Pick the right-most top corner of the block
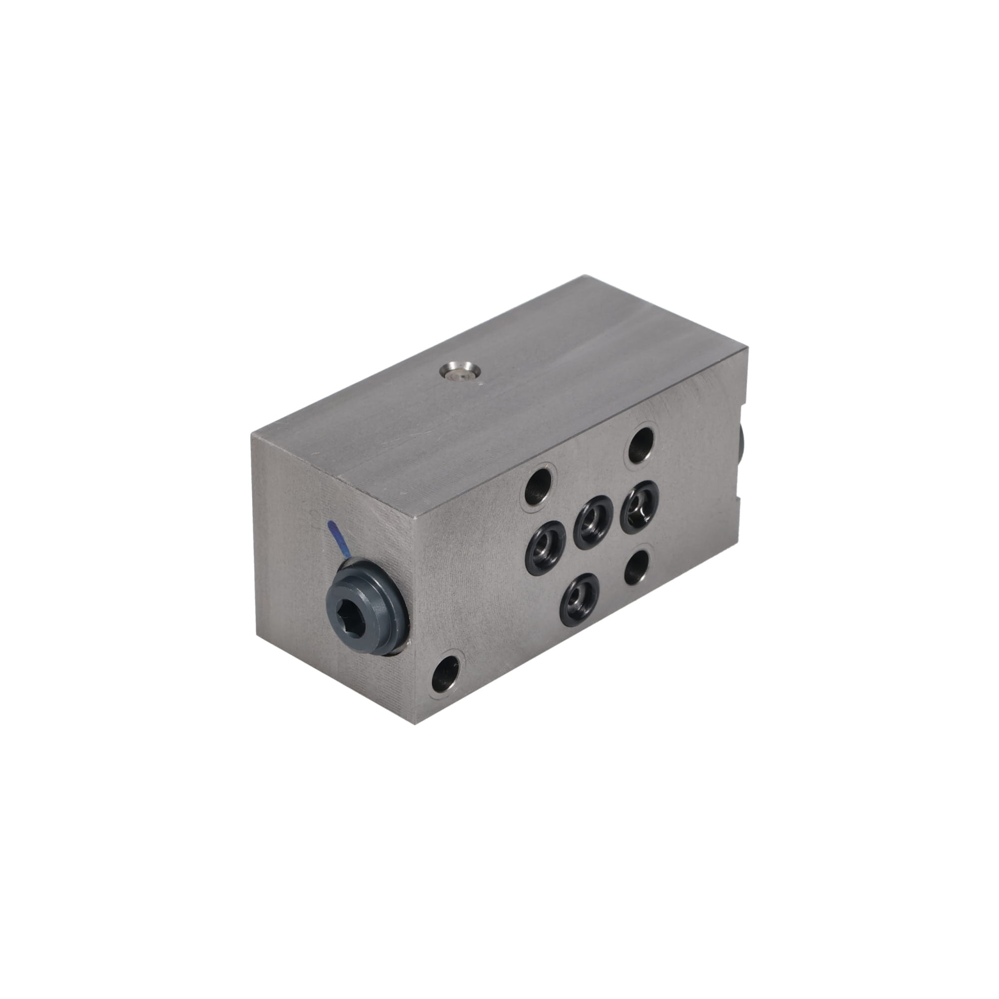(748, 350)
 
